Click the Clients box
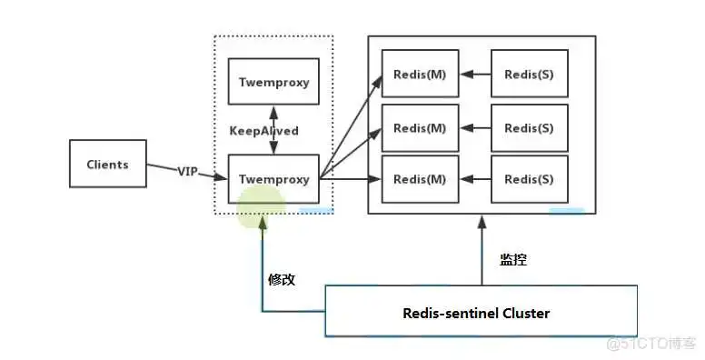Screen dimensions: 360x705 107,164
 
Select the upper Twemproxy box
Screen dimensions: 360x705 273,82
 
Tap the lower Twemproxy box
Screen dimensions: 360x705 273,178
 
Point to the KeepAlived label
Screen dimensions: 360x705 263,130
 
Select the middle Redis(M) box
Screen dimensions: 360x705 420,127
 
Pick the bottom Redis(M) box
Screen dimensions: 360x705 420,178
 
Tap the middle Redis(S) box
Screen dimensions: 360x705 529,127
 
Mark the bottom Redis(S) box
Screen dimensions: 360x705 529,178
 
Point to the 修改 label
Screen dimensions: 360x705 282,279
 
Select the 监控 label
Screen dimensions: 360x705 513,259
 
